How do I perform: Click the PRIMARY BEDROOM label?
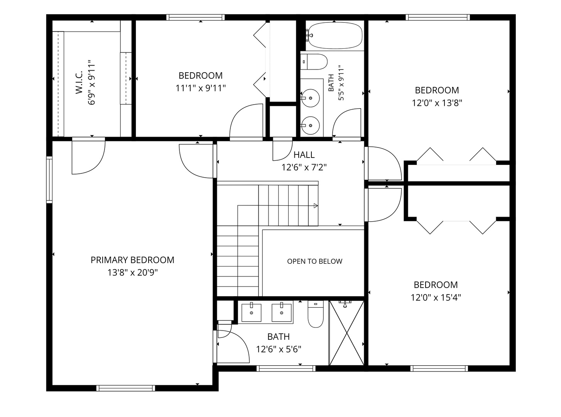pyautogui.click(x=132, y=260)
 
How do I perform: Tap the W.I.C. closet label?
pyautogui.click(x=79, y=82)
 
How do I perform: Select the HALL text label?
pyautogui.click(x=304, y=155)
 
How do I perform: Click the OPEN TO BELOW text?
pyautogui.click(x=314, y=261)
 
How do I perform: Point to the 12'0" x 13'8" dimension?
pyautogui.click(x=437, y=103)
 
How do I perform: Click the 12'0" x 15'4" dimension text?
pyautogui.click(x=436, y=297)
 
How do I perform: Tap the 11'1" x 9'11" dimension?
pyautogui.click(x=201, y=88)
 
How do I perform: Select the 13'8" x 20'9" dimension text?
pyautogui.click(x=133, y=273)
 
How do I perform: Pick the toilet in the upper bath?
pyautogui.click(x=314, y=61)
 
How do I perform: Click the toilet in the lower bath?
pyautogui.click(x=316, y=314)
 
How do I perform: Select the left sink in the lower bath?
pyautogui.click(x=252, y=312)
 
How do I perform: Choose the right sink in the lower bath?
pyautogui.click(x=282, y=312)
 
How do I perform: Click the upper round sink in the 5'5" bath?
pyautogui.click(x=310, y=98)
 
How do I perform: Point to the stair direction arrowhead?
pyautogui.click(x=316, y=206)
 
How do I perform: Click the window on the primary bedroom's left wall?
pyautogui.click(x=49, y=180)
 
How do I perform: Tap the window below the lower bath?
pyautogui.click(x=286, y=368)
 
